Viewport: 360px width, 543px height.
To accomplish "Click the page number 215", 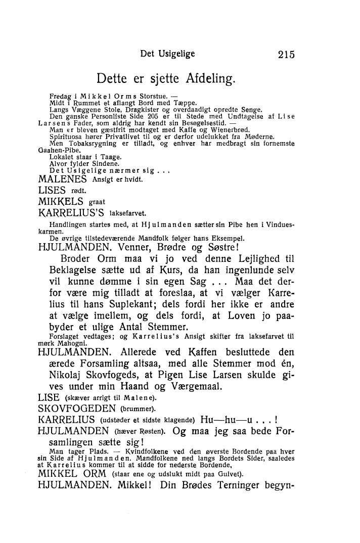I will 283,55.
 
